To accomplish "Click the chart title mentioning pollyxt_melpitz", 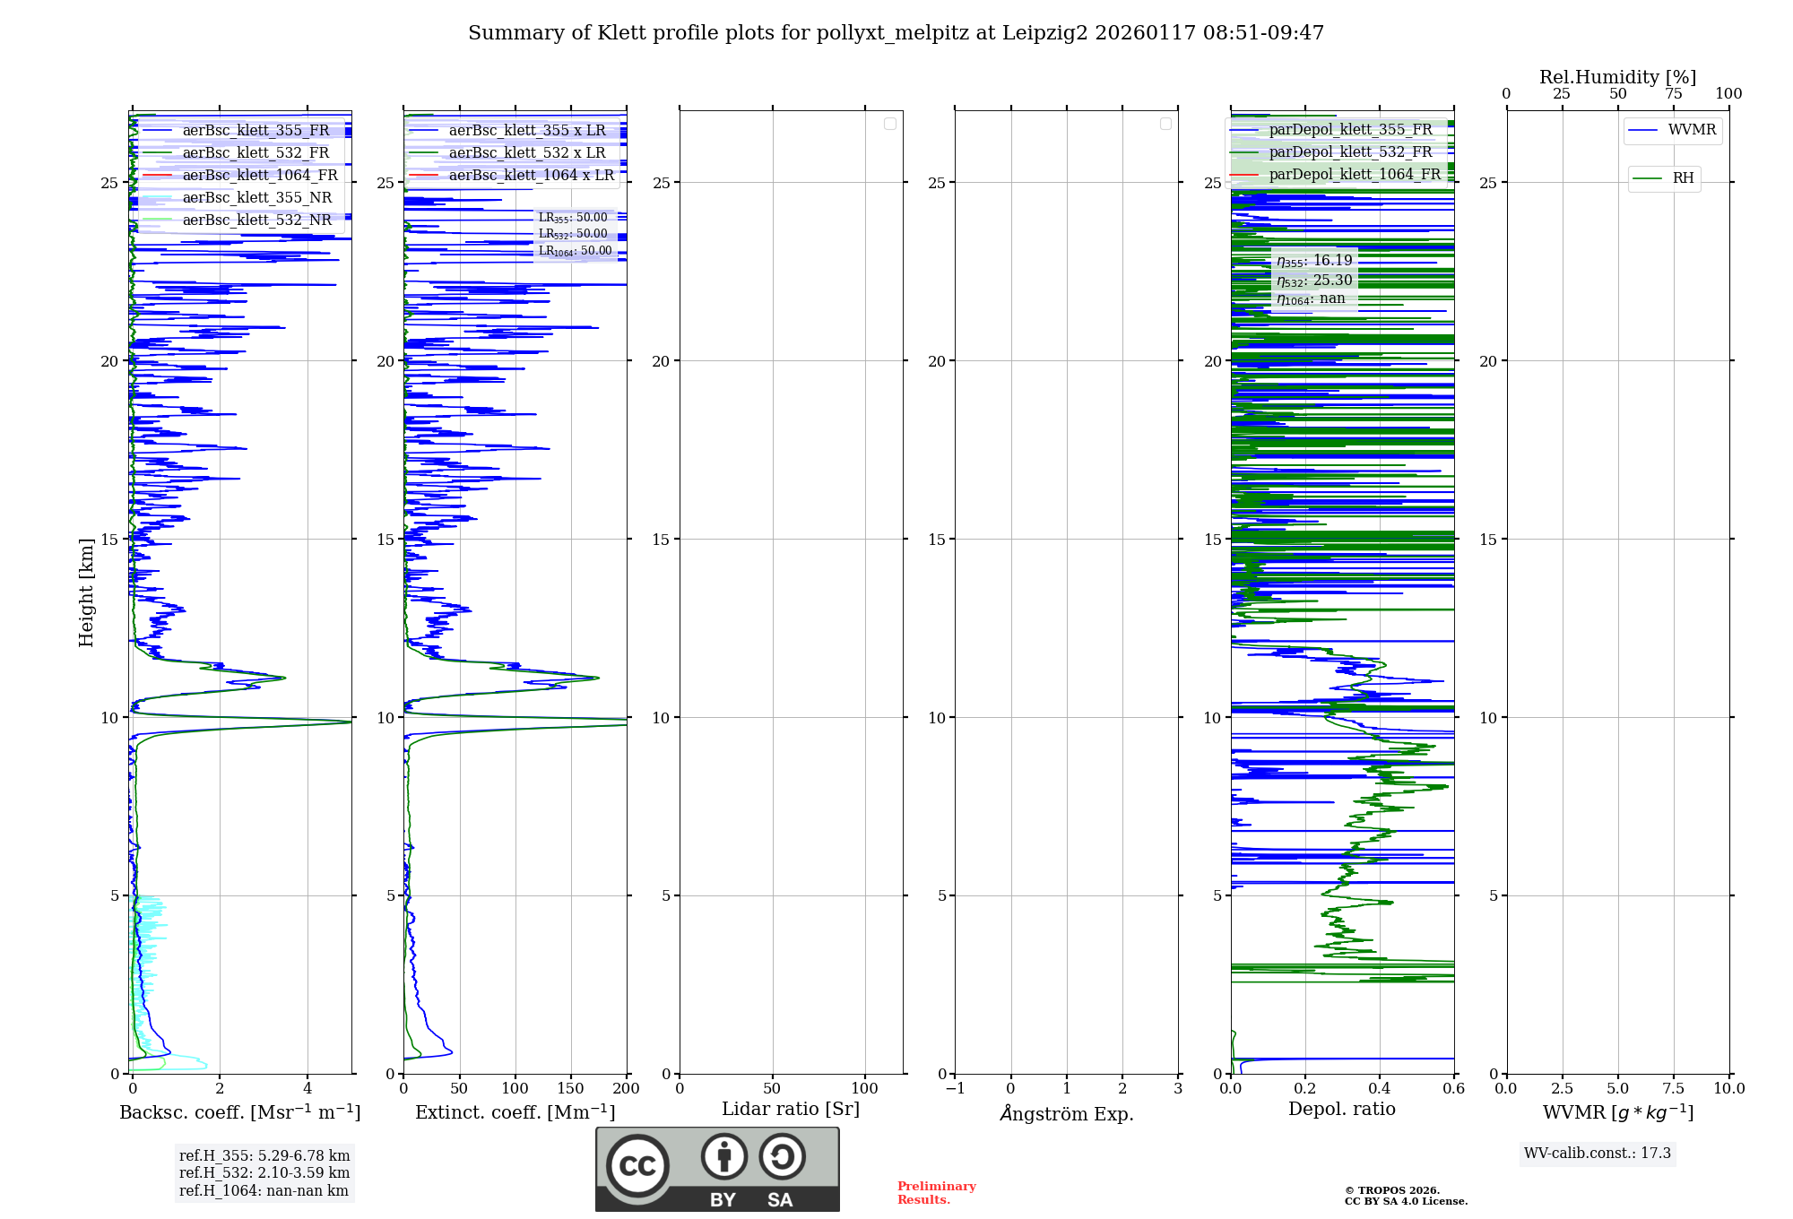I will click(896, 33).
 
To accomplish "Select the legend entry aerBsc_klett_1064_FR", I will click(260, 176).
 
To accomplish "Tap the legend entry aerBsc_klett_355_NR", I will click(256, 198).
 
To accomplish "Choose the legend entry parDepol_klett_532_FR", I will click(1350, 152).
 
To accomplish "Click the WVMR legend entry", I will click(1692, 130).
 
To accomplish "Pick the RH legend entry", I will click(1683, 178).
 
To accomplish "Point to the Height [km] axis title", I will click(86, 592).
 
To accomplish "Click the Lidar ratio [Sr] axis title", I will click(791, 1110).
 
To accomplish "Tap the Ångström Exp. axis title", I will click(1067, 1114).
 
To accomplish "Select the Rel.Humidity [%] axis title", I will click(1617, 77).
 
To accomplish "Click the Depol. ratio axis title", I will click(1341, 1110).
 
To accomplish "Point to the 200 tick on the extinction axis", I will click(626, 1089).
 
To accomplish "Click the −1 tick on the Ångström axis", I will click(955, 1089).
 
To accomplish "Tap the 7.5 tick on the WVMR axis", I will click(1673, 1089).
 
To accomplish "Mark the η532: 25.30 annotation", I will click(1314, 281).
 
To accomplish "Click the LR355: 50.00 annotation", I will click(573, 218).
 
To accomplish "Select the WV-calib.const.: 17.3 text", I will click(1598, 1154).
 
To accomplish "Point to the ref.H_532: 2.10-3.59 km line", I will click(264, 1173).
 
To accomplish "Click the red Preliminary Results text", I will click(936, 1193).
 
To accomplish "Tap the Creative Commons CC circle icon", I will click(637, 1166).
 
